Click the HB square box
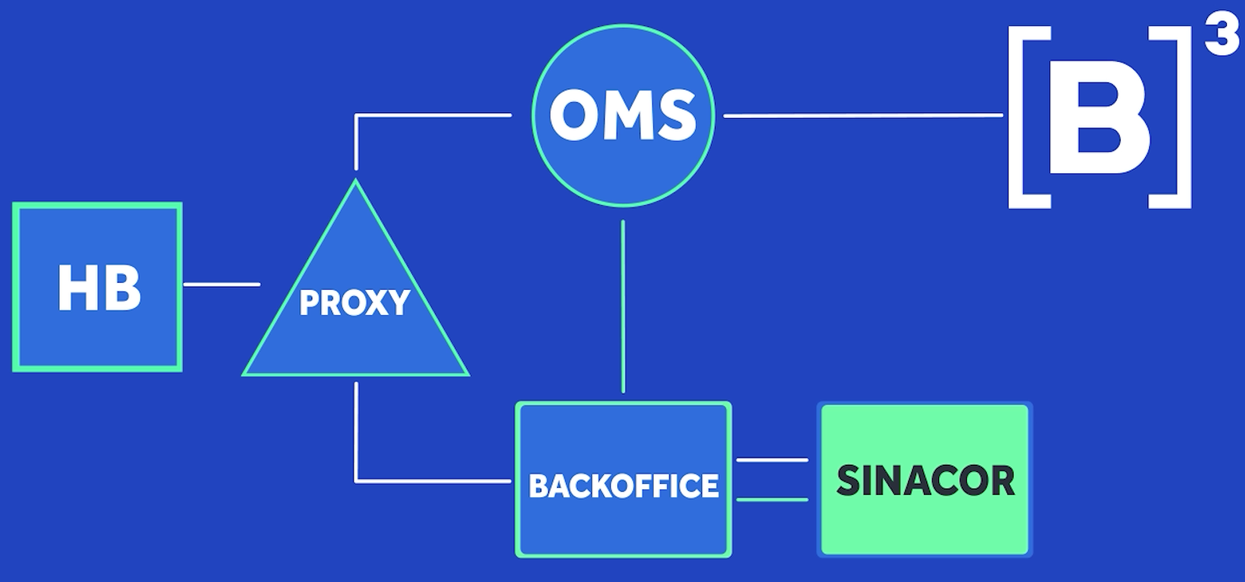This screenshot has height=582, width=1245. click(x=97, y=287)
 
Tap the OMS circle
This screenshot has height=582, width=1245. click(x=623, y=116)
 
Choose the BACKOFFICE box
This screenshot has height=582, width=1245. click(x=624, y=479)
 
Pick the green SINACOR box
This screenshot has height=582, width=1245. click(x=925, y=479)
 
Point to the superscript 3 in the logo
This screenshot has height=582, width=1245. click(x=1222, y=40)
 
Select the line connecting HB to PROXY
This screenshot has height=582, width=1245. click(x=222, y=284)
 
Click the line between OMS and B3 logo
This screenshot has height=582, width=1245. click(x=863, y=116)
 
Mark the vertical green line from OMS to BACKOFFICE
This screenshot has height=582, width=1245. click(x=623, y=306)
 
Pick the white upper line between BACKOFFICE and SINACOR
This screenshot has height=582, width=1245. click(x=773, y=460)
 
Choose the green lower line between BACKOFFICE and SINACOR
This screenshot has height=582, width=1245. click(x=773, y=500)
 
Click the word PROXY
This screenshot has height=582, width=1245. click(x=354, y=302)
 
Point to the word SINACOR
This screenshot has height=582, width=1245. click(x=926, y=481)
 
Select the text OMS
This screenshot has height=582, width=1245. click(x=623, y=116)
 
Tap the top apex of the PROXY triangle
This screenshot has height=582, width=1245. click(x=356, y=180)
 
